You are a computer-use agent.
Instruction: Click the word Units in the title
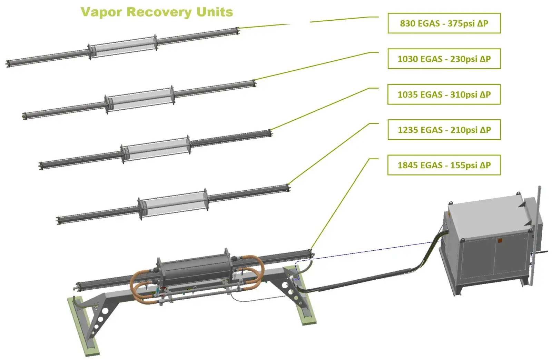[215, 12]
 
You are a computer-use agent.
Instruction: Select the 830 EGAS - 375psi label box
[444, 23]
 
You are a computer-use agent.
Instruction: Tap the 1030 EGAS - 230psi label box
[444, 59]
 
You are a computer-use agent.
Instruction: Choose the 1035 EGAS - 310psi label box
[444, 94]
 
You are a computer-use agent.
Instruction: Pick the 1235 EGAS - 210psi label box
[444, 130]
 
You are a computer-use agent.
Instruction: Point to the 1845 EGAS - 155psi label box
[444, 166]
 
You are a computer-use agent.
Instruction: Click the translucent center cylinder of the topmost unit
[123, 47]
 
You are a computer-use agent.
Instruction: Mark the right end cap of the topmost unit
[237, 31]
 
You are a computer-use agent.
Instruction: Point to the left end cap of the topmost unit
[8, 63]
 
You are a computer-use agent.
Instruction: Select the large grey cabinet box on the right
[490, 241]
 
